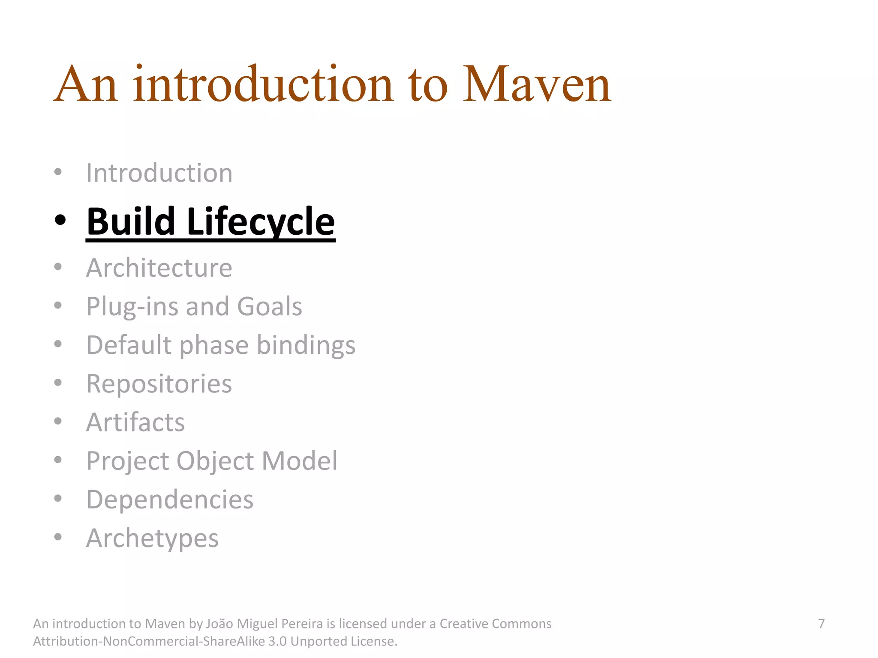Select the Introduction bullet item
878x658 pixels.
pos(159,173)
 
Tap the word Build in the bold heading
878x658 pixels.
pos(131,221)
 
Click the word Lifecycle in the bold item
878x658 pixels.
pos(261,221)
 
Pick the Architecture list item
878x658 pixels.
pos(159,268)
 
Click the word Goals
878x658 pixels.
pos(269,307)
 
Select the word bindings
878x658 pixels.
pos(306,345)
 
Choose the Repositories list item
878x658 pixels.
pos(159,384)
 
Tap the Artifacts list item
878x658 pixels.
pos(135,422)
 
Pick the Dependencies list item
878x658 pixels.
pos(170,499)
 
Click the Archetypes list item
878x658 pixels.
pos(152,538)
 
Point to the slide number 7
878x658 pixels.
pos(821,624)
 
